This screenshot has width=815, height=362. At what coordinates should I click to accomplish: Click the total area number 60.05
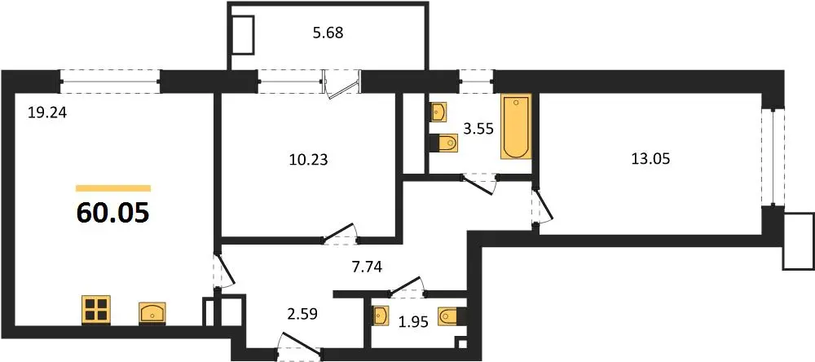(x=113, y=212)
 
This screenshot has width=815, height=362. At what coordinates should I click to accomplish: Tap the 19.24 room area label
(x=48, y=112)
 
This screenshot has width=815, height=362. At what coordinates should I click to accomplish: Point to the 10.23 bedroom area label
(x=309, y=160)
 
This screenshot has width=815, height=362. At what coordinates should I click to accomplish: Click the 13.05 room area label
(x=650, y=159)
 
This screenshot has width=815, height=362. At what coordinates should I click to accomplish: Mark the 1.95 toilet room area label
(x=414, y=323)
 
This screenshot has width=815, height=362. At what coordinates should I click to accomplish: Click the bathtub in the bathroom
(x=516, y=126)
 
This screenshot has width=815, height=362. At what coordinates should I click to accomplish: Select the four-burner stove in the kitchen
(x=96, y=310)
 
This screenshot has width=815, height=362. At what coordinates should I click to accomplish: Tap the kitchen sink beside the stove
(x=152, y=312)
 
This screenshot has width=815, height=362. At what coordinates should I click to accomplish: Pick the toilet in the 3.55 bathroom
(x=444, y=142)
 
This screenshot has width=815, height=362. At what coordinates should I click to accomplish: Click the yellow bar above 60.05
(x=113, y=188)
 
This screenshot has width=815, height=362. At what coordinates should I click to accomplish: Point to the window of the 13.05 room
(x=773, y=157)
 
